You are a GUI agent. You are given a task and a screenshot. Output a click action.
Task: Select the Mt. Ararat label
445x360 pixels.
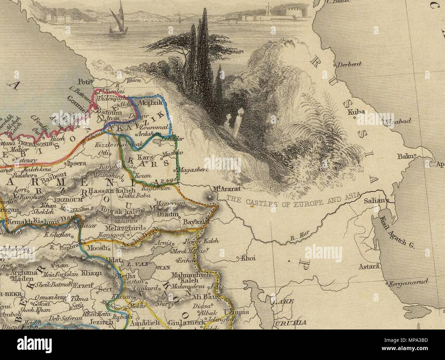[223, 189]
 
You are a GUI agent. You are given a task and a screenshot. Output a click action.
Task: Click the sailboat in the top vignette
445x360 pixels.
[115, 22]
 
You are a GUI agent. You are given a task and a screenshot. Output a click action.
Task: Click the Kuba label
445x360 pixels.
[354, 112]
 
